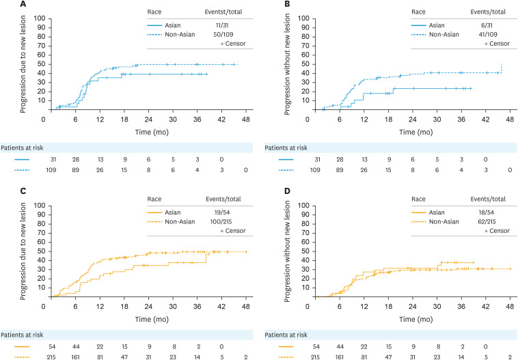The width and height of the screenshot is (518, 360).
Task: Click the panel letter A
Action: coord(6,5)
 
